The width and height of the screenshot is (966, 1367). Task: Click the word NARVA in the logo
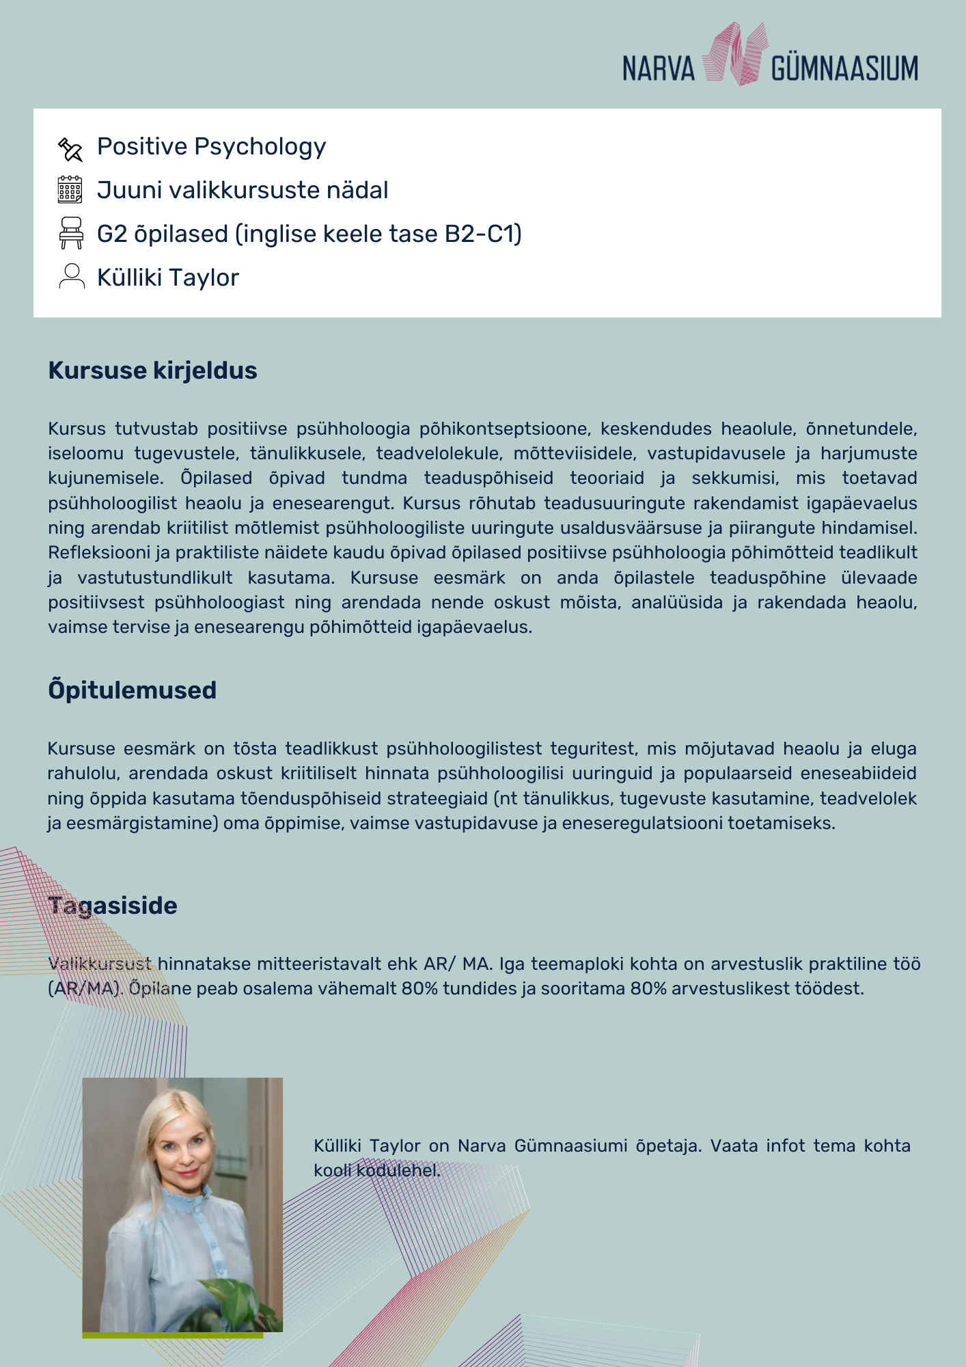tap(658, 69)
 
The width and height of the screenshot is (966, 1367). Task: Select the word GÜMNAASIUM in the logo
tap(844, 69)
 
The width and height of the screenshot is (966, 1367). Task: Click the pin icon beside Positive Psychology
tap(70, 148)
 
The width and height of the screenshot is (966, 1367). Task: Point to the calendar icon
tap(70, 190)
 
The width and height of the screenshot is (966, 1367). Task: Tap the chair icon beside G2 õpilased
tap(71, 233)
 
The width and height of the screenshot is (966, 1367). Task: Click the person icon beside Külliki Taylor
tap(71, 276)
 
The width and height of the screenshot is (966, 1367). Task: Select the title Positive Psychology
tap(211, 147)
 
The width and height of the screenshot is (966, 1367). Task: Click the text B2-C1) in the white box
tap(483, 234)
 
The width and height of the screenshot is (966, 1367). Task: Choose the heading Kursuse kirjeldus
tap(152, 370)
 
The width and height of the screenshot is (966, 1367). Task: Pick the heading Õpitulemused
tap(132, 690)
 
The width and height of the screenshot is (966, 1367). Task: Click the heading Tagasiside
tap(113, 906)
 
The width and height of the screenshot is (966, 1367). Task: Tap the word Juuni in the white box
tap(125, 190)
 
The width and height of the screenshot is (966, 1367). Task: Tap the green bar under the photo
tap(172, 1335)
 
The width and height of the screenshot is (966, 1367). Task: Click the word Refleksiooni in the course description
tap(89, 552)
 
